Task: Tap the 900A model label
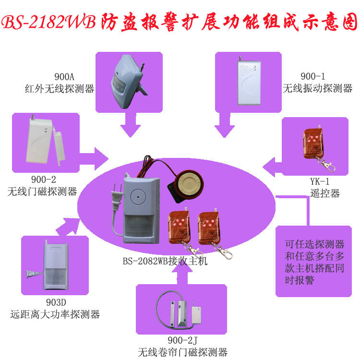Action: coord(64,78)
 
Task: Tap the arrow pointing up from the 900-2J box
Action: coord(181,275)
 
